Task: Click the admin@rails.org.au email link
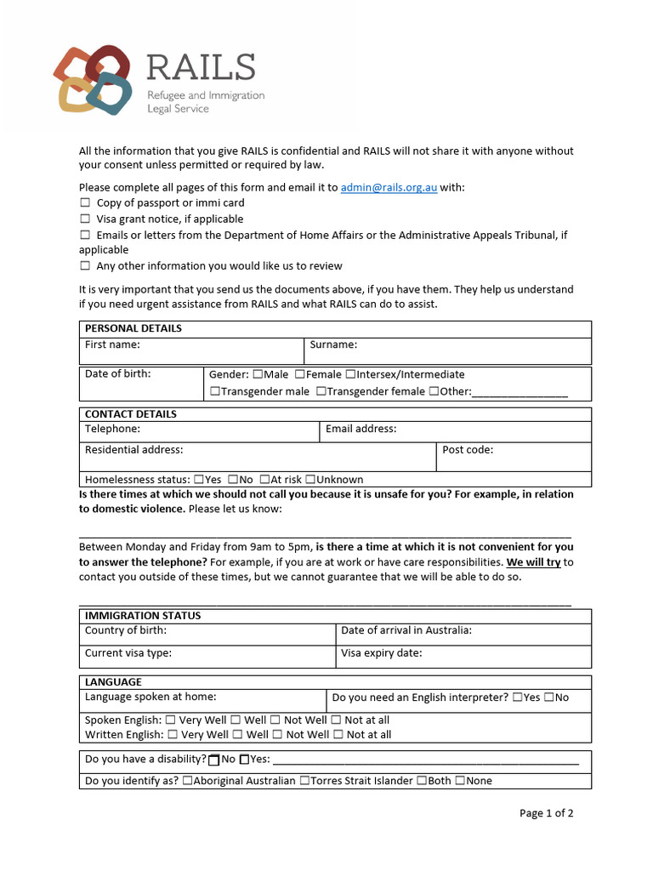click(x=389, y=187)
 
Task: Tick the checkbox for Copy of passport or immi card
click(x=85, y=203)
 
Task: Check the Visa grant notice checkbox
click(x=85, y=219)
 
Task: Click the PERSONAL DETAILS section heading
click(x=133, y=328)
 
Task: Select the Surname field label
click(x=333, y=344)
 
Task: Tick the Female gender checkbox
click(x=300, y=374)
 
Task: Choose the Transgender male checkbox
click(x=215, y=391)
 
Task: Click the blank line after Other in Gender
click(x=519, y=393)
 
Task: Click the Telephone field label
click(x=112, y=429)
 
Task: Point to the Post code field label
click(x=468, y=450)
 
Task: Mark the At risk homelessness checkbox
click(x=265, y=480)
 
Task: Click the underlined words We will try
click(x=533, y=562)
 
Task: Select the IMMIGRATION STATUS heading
click(x=143, y=615)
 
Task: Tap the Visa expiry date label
click(x=381, y=653)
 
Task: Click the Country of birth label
click(x=126, y=630)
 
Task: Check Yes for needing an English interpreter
click(x=517, y=697)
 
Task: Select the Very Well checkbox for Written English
click(x=173, y=735)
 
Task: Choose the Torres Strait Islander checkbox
click(x=304, y=781)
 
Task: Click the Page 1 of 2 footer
click(x=546, y=813)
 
